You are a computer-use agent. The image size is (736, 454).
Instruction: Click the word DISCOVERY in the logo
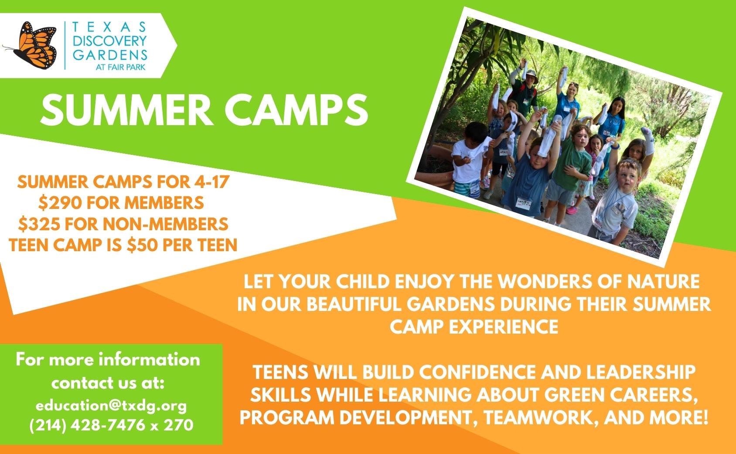pyautogui.click(x=110, y=41)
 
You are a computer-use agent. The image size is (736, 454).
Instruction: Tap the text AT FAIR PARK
pyautogui.click(x=121, y=67)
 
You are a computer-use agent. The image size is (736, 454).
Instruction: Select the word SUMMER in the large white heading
pyautogui.click(x=127, y=110)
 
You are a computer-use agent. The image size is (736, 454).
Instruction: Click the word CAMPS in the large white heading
pyautogui.click(x=296, y=110)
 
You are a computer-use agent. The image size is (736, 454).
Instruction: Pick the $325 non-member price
pyautogui.click(x=39, y=224)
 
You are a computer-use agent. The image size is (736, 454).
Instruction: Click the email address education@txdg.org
pyautogui.click(x=111, y=406)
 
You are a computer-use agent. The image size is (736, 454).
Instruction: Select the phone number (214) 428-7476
pyautogui.click(x=87, y=425)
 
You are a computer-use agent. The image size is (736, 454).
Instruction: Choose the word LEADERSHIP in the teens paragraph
pyautogui.click(x=641, y=372)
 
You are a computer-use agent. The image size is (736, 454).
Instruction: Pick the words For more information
pyautogui.click(x=108, y=359)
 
